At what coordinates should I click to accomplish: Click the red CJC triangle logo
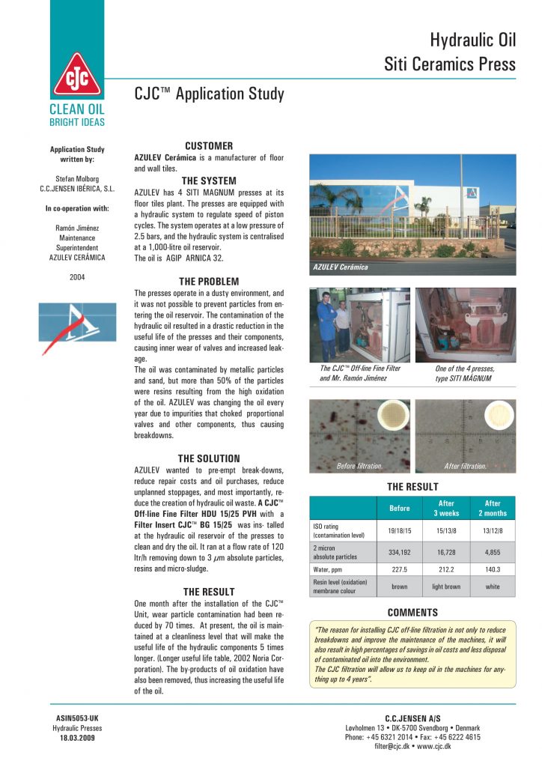click(78, 76)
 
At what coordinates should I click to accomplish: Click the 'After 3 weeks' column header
click(446, 509)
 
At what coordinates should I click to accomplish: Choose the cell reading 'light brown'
click(446, 587)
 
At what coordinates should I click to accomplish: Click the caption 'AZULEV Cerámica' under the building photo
click(341, 267)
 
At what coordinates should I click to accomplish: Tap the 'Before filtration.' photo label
click(360, 466)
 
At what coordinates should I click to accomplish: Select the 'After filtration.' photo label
click(465, 466)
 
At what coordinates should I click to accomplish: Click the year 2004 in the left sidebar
click(78, 276)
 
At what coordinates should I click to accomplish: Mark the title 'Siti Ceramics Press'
click(450, 64)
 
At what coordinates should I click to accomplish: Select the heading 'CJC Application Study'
click(209, 94)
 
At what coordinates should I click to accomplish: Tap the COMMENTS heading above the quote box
click(412, 612)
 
